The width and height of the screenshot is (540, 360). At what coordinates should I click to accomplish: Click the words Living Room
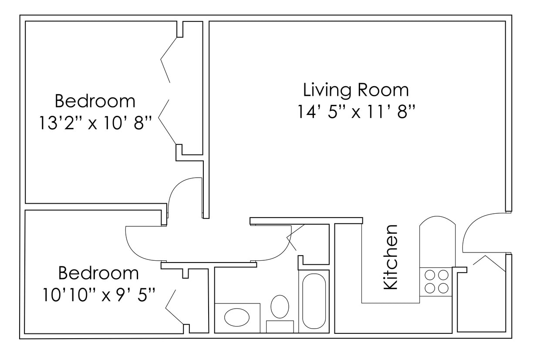tap(356, 90)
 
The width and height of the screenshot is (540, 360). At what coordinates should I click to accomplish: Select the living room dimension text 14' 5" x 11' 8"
tap(354, 112)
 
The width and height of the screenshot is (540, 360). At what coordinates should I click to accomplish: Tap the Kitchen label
tap(390, 257)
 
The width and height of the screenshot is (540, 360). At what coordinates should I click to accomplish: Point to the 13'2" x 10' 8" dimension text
tap(95, 123)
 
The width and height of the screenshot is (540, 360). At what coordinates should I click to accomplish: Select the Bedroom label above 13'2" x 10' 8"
tap(95, 101)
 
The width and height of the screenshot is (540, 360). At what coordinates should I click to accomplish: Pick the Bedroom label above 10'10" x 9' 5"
tap(98, 273)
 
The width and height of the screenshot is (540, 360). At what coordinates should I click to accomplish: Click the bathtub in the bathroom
tap(314, 301)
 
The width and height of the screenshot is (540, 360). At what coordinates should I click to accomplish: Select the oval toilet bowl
tap(280, 306)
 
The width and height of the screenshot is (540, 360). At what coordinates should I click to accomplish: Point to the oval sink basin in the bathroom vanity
tap(236, 317)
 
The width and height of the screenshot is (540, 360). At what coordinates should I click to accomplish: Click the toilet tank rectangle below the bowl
tap(280, 326)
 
